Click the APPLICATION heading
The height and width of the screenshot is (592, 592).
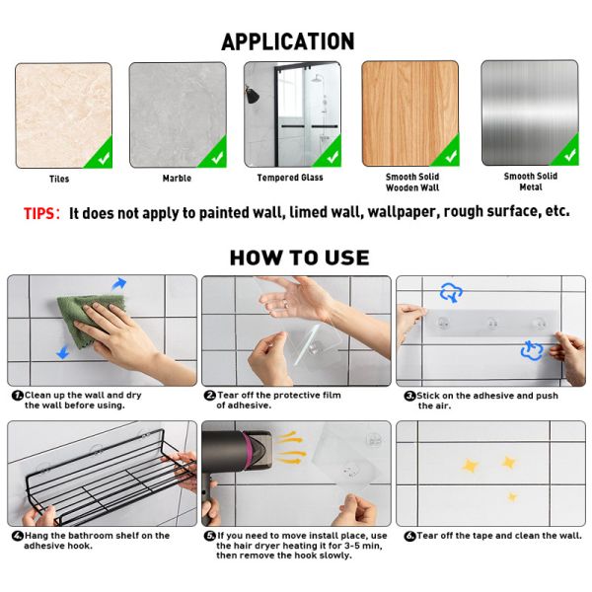point(287,41)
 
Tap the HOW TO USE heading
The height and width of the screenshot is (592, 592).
point(299,259)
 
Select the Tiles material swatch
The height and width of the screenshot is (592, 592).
point(63,114)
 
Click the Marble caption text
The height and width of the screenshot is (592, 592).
point(177,179)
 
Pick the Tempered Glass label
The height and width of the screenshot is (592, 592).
point(290,178)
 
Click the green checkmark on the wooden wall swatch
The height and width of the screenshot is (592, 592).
point(447,153)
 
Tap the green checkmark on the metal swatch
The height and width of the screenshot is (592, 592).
point(565,151)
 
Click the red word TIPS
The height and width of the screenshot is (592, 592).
point(41,212)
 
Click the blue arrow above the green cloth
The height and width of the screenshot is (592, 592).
point(118,284)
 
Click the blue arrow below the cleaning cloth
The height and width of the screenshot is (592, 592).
point(62,352)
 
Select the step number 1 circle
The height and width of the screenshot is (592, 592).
point(17,395)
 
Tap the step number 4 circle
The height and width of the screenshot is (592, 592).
point(17,536)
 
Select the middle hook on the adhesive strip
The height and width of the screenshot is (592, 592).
point(490,323)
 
